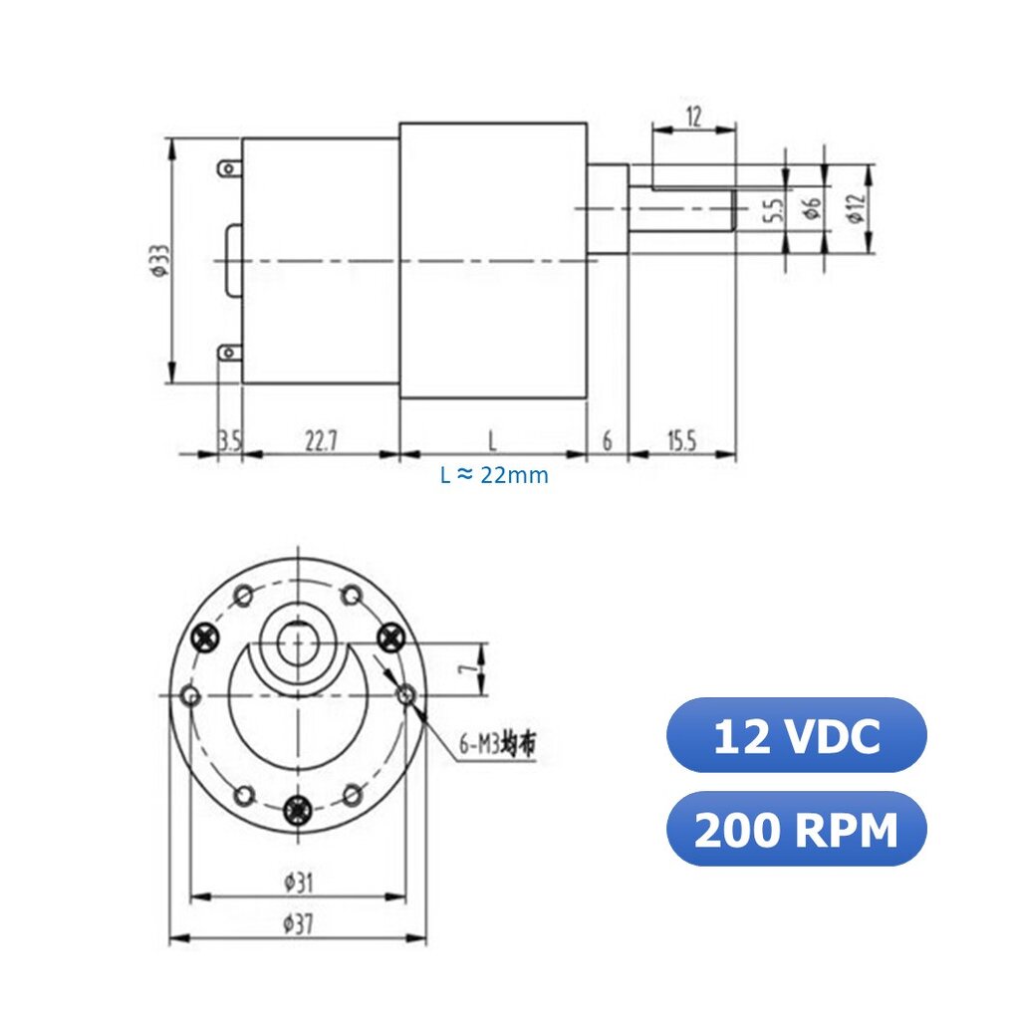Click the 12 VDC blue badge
coord(796,735)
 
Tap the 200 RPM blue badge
coord(796,829)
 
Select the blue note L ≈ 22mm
coord(494,475)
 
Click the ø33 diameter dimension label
coord(159,260)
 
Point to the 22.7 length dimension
coord(322,441)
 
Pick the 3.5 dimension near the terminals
coord(230,441)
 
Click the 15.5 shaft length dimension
coord(681,441)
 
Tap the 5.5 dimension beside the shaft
coord(773,209)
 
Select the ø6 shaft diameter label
coord(812,208)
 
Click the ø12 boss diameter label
coord(856,208)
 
